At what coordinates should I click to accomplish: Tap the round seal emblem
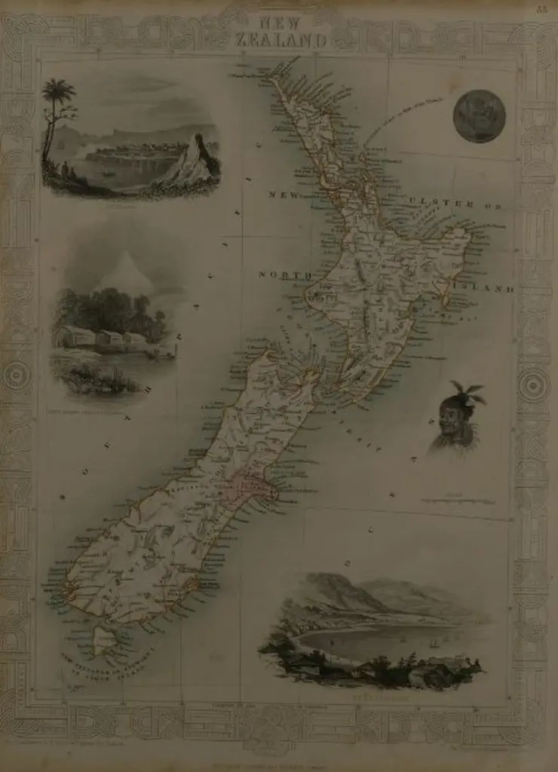pos(479,116)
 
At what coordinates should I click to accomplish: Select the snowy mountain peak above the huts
pos(126,272)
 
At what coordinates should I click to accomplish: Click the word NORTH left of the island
pos(285,274)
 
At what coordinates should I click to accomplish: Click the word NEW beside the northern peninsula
pos(284,195)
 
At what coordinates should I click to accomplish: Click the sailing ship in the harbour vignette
pos(432,644)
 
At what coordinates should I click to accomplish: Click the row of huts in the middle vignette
pos(102,337)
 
